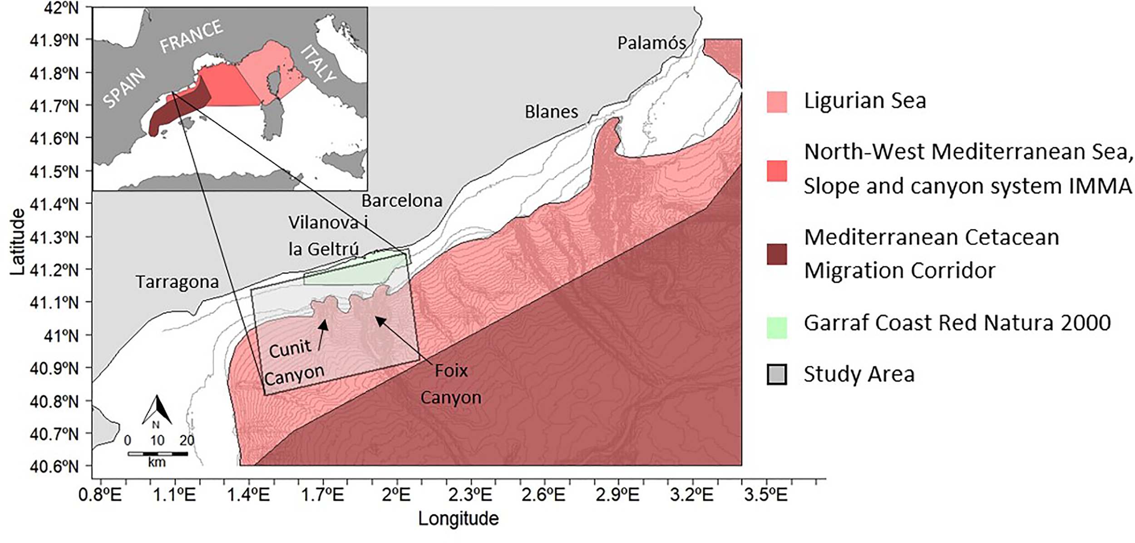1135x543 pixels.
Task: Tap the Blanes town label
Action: (551, 112)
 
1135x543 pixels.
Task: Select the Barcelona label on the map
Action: (402, 200)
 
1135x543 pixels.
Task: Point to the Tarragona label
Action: (177, 282)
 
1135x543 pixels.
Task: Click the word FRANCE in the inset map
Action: (191, 36)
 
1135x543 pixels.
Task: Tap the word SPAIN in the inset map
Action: (124, 88)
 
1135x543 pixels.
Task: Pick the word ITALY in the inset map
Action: (319, 64)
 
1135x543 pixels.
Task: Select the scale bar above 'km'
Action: (158, 454)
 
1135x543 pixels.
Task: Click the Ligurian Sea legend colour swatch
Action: (777, 102)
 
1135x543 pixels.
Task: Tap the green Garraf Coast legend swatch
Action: (777, 328)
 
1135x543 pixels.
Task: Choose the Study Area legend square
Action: (777, 375)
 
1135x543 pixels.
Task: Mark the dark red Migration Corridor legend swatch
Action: (777, 254)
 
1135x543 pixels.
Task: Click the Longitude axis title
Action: (458, 518)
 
